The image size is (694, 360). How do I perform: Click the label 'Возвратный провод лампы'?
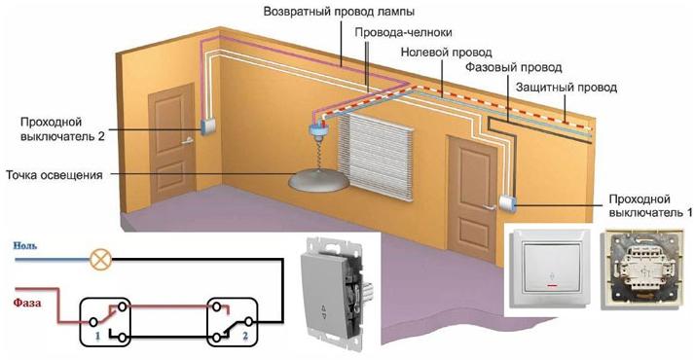pyautogui.click(x=331, y=13)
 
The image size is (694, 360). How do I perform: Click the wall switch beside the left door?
pyautogui.click(x=207, y=125)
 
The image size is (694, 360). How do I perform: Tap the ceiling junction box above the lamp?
pyautogui.click(x=317, y=129)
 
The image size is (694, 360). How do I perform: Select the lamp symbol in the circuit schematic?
pyautogui.click(x=99, y=260)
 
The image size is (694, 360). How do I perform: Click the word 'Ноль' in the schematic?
pyautogui.click(x=25, y=247)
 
